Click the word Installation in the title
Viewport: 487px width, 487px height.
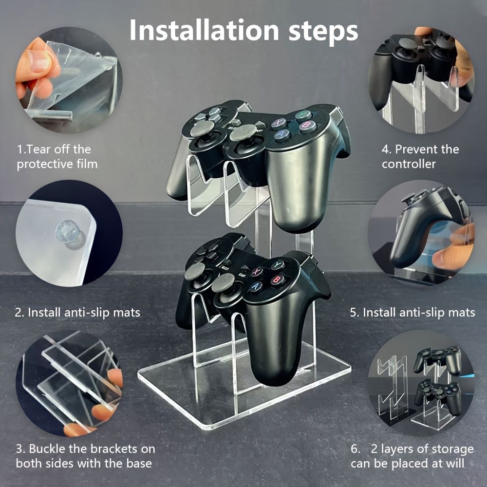[x=204, y=30]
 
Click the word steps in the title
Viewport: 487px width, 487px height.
[x=323, y=32]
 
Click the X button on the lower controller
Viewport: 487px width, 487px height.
[x=257, y=272]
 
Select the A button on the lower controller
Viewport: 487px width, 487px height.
[x=256, y=286]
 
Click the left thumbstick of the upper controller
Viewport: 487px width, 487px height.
[x=202, y=128]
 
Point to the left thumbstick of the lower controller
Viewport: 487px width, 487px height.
[x=195, y=271]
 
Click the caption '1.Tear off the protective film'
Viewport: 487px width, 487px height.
[x=57, y=156]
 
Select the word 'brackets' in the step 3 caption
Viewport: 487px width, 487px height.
[x=112, y=449]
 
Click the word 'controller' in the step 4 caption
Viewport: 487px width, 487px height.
[x=409, y=164]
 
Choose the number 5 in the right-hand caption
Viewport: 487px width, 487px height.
[x=353, y=313]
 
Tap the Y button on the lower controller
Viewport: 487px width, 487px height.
[x=278, y=264]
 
